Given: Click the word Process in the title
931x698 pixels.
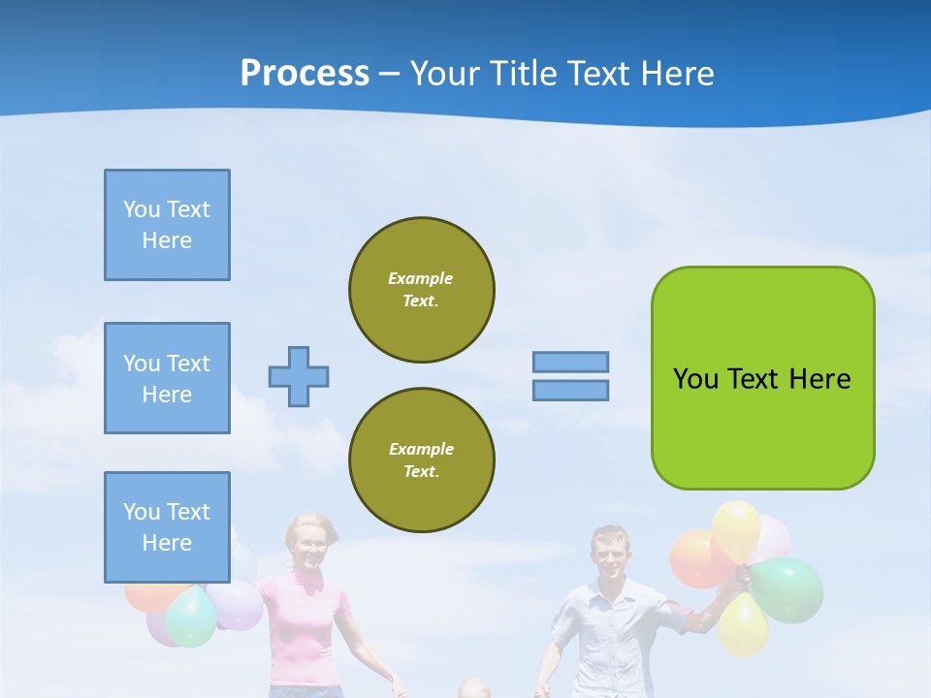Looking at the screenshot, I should pos(305,74).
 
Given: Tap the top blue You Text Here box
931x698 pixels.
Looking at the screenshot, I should pos(167,225).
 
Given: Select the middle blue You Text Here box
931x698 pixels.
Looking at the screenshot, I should pos(167,378).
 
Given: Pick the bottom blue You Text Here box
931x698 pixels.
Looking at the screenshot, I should pos(167,527).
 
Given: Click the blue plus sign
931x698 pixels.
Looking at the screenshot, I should pos(299,376).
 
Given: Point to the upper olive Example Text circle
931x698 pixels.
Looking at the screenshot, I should pos(421,289).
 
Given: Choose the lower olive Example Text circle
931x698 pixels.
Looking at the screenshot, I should pos(421,460).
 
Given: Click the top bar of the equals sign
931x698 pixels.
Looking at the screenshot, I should pos(570,362).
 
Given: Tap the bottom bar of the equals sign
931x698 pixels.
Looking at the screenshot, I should pos(570,390).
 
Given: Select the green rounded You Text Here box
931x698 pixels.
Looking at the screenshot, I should pos(762,378).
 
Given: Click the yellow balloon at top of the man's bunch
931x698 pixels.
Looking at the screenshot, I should pos(737,527).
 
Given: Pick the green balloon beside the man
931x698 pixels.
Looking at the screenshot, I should pos(787,589).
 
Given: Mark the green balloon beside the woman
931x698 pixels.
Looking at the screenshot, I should pos(191,617).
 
